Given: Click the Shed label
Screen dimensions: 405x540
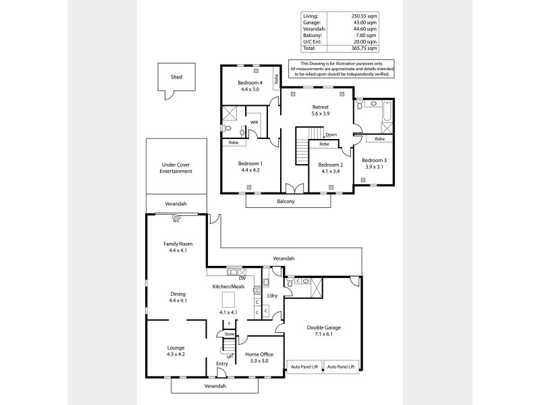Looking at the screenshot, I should [176, 77].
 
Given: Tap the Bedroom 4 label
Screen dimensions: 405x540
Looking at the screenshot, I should [250, 83].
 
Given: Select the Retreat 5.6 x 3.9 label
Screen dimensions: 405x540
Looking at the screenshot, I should [320, 111].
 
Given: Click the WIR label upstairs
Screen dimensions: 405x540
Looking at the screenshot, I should [254, 122].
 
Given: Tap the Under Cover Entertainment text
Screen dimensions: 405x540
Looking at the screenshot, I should [176, 168].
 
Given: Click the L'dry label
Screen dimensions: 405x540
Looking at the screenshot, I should [273, 296].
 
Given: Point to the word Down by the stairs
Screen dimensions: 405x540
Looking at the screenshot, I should [331, 135].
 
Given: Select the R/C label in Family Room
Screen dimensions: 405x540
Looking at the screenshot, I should [176, 221].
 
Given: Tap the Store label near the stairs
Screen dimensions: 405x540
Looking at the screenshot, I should [229, 333].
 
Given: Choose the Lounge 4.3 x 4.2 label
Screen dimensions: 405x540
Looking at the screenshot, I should [176, 351].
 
